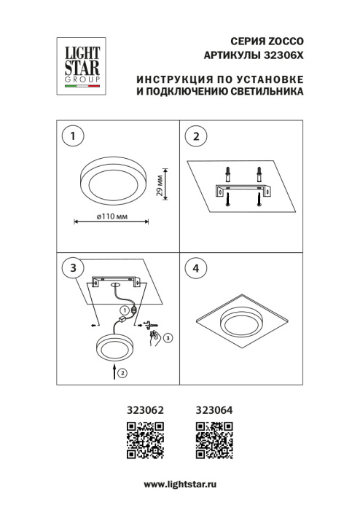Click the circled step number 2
pyautogui.click(x=195, y=135)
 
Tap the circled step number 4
pyautogui.click(x=195, y=268)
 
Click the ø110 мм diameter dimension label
pyautogui.click(x=112, y=218)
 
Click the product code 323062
pyautogui.click(x=144, y=411)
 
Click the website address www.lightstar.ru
pyautogui.click(x=179, y=484)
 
